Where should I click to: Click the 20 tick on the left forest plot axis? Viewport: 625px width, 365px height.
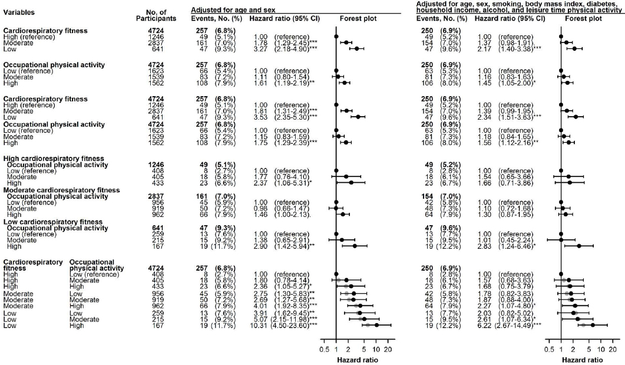tap(388, 350)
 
